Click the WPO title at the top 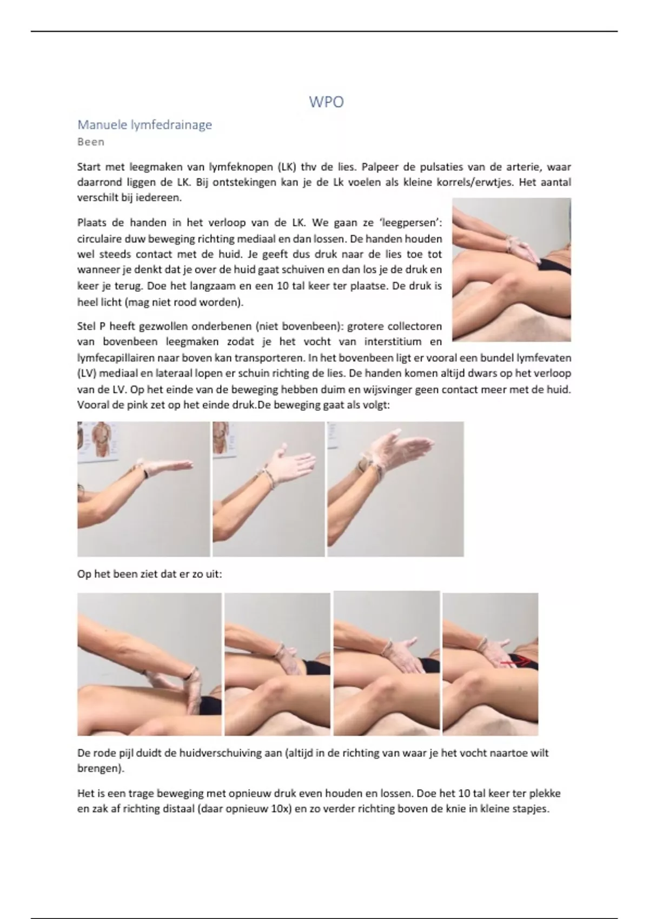pyautogui.click(x=326, y=102)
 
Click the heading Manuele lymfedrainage pyautogui.click(x=144, y=125)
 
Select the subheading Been pyautogui.click(x=91, y=142)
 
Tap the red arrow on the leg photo pyautogui.click(x=515, y=661)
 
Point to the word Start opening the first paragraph pyautogui.click(x=89, y=167)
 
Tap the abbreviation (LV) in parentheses pyautogui.click(x=86, y=374)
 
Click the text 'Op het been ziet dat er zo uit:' pyautogui.click(x=149, y=574)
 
